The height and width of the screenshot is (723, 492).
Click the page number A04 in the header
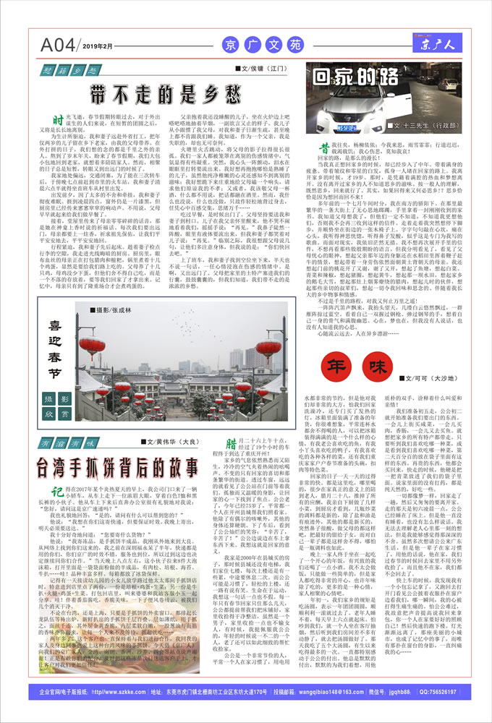click(59, 45)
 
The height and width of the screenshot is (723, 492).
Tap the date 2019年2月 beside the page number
click(99, 47)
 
